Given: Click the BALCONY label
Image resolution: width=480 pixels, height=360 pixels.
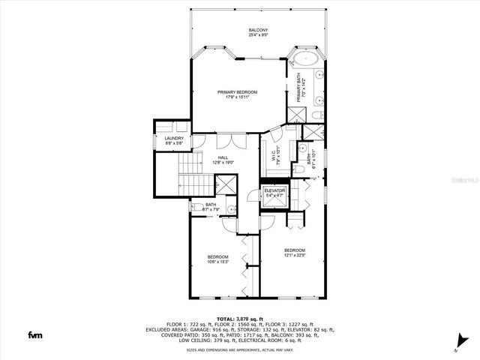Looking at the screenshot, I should click(x=258, y=29).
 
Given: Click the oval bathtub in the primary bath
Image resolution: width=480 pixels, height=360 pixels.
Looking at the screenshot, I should click(x=307, y=58).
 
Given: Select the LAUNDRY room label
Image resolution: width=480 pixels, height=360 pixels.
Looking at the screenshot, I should click(x=174, y=138).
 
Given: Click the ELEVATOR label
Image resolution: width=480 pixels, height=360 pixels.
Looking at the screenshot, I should click(x=274, y=190).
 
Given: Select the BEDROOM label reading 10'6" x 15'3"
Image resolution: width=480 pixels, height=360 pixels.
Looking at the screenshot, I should click(x=217, y=257).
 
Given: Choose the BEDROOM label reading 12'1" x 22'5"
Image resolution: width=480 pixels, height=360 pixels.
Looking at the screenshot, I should click(x=294, y=250).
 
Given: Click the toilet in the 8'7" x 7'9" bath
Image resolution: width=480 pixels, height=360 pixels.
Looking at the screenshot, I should click(x=232, y=209).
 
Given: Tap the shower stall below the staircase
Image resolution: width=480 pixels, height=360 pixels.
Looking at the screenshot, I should click(x=226, y=184).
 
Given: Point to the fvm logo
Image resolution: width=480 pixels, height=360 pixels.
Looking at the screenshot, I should click(x=35, y=334).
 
